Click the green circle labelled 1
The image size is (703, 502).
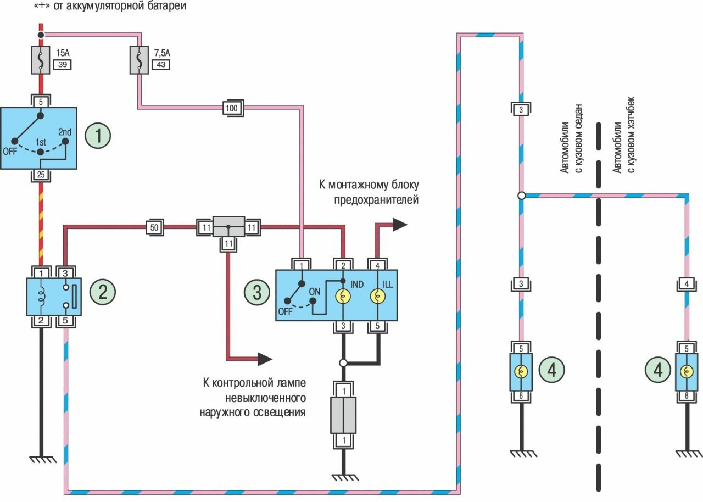98,136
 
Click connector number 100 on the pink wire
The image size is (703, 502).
232,109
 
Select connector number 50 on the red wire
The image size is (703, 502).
154,227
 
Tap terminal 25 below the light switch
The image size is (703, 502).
40,176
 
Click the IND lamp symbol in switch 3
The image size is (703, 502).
343,297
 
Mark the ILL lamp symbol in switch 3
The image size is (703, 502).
378,297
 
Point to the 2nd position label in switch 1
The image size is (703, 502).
65,132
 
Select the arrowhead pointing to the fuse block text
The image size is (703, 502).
400,224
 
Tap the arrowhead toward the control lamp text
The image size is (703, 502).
265,359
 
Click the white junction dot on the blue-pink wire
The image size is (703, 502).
521,196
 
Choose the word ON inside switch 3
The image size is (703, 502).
315,292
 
